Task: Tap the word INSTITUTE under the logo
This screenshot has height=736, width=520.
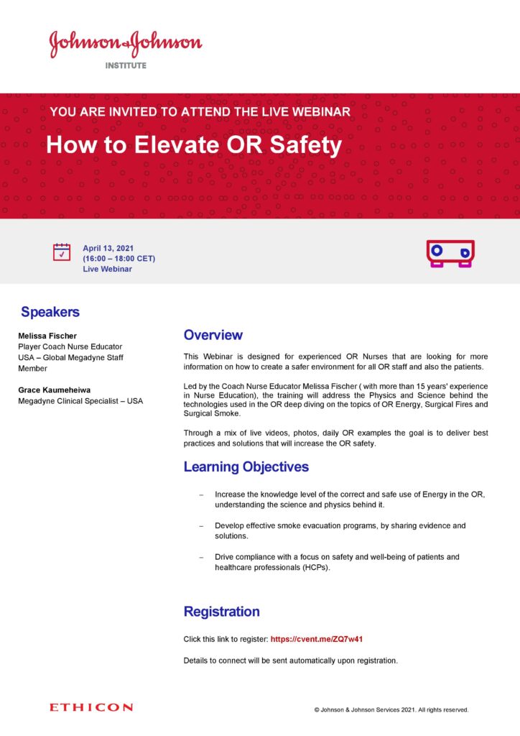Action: (126, 65)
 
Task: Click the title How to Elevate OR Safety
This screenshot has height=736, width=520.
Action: (194, 145)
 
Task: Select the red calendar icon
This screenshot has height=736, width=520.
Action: (62, 252)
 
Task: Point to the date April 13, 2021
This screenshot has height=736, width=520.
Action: (108, 248)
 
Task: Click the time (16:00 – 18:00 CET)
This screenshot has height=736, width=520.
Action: (119, 258)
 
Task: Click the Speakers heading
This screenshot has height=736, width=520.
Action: (50, 312)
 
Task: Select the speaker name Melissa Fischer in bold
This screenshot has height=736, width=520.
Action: (47, 336)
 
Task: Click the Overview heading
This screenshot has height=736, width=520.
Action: (213, 335)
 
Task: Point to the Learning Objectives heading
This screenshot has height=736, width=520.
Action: (246, 467)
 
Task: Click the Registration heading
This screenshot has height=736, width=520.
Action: (221, 612)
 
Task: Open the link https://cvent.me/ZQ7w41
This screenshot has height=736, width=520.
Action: (321, 639)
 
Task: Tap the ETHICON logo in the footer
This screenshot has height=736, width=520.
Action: (91, 708)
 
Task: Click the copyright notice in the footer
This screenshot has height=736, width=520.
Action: (391, 709)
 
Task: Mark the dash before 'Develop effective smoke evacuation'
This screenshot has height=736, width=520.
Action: (201, 526)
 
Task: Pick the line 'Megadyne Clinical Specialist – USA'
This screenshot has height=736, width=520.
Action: (80, 400)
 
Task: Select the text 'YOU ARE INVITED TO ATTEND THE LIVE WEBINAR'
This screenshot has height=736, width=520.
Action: (200, 112)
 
